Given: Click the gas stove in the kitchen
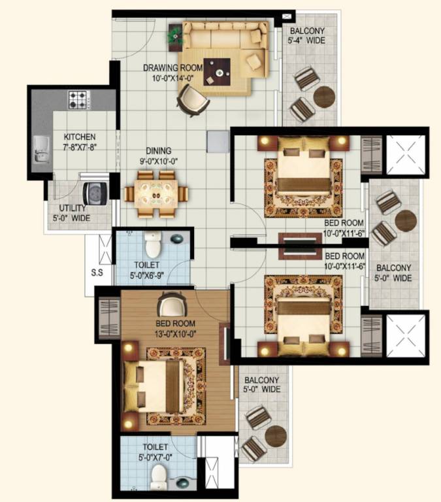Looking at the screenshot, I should pyautogui.click(x=78, y=101).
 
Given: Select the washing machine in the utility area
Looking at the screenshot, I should pyautogui.click(x=95, y=193).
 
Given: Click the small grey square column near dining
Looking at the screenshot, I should pyautogui.click(x=216, y=141).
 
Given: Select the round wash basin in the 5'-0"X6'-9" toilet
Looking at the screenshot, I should pyautogui.click(x=176, y=239).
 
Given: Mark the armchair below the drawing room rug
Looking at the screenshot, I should pyautogui.click(x=192, y=99).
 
